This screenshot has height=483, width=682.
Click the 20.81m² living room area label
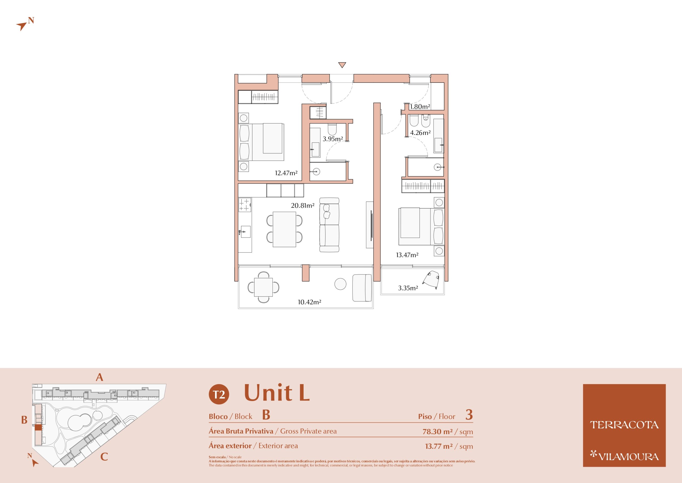(x=302, y=206)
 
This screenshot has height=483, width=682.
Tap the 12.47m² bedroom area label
(x=286, y=173)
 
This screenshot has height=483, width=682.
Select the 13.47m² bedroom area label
(x=407, y=255)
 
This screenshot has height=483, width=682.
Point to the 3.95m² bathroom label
(x=333, y=139)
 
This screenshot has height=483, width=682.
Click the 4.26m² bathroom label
(x=420, y=133)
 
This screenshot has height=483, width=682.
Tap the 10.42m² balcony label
(x=310, y=302)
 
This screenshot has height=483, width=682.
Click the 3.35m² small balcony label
(x=408, y=288)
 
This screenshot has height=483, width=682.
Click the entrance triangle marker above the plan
(x=342, y=65)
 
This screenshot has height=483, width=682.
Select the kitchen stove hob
(x=245, y=205)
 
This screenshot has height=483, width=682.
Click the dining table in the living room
(x=284, y=229)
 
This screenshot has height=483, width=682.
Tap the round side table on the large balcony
(x=340, y=284)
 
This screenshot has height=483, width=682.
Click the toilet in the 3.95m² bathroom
(x=332, y=130)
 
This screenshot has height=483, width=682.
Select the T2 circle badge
(x=219, y=394)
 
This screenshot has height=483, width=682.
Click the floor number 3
(x=469, y=415)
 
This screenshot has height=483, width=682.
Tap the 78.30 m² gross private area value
(x=437, y=432)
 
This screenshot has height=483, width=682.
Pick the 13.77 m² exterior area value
(x=439, y=446)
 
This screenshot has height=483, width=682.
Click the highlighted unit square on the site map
(x=38, y=427)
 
